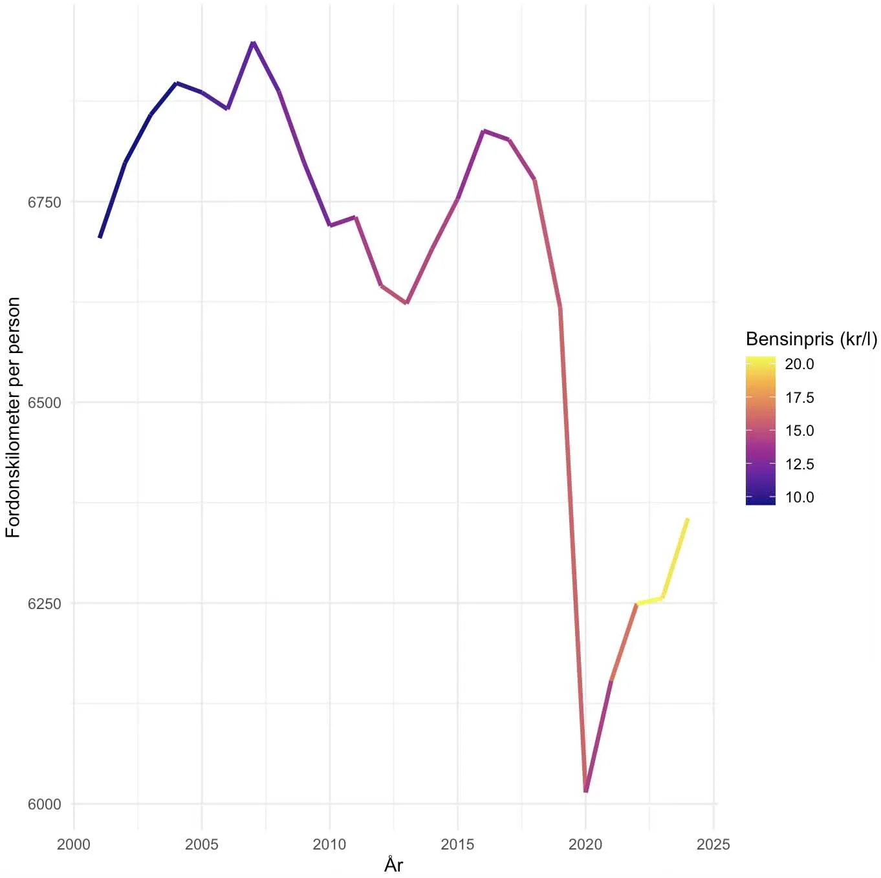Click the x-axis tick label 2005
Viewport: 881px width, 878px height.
[202, 844]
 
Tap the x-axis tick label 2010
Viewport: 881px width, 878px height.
[329, 844]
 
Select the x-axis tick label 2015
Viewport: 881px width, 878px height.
[457, 844]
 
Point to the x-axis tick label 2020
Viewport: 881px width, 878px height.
[585, 844]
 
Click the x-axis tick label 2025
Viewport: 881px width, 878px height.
[713, 844]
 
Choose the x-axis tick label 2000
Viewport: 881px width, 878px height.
[74, 844]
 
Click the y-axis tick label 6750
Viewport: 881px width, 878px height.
[44, 202]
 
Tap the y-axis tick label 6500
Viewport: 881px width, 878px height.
[44, 403]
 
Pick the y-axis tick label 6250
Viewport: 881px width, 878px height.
[44, 604]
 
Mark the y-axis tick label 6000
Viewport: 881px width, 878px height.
[44, 804]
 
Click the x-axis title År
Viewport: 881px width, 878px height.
[393, 865]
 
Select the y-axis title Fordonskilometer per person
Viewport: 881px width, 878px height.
[13, 418]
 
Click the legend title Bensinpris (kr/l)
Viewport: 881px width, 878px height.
[811, 339]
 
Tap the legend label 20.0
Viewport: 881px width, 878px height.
[799, 364]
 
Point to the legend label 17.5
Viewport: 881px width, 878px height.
[799, 398]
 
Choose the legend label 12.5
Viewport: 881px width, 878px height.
[799, 464]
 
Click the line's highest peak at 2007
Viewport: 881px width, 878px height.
[253, 43]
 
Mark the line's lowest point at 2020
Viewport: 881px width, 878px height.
[585, 790]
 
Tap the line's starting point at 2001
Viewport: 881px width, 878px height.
[100, 237]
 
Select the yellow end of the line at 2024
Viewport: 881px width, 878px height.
[687, 519]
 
